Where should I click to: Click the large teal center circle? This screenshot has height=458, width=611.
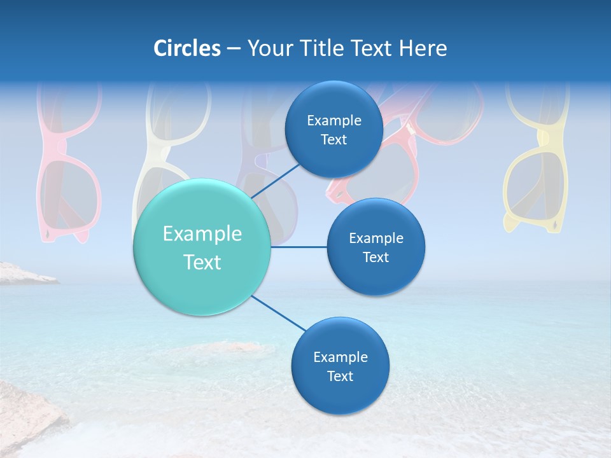(202, 247)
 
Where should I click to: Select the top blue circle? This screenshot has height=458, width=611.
(334, 130)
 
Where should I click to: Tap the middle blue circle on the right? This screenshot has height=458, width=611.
(376, 247)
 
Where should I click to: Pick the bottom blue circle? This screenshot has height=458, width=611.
(340, 366)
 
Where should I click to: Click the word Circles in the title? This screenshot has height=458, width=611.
(186, 48)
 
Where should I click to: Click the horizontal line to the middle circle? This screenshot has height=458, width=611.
(298, 247)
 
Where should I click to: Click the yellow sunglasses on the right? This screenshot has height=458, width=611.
(536, 165)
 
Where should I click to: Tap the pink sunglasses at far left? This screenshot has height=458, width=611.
(68, 165)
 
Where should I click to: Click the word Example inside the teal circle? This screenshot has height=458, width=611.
(202, 234)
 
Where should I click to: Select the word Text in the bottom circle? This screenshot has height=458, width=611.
(340, 376)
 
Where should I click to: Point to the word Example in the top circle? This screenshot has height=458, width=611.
(334, 121)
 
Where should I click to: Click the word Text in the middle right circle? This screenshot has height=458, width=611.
(376, 257)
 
